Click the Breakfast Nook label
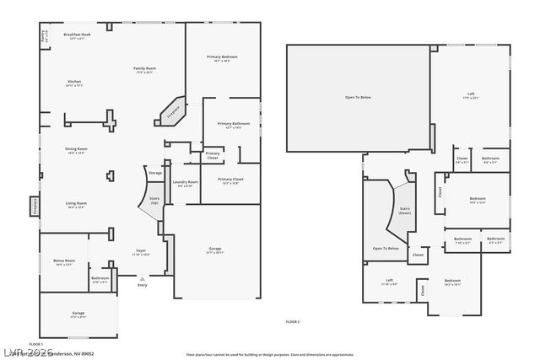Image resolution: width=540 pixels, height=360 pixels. (78, 35)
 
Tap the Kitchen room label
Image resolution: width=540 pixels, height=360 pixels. (75, 83)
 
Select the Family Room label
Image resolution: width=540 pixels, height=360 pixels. (145, 69)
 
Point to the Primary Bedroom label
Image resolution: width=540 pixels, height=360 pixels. (222, 58)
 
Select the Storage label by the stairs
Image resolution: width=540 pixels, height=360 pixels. (155, 173)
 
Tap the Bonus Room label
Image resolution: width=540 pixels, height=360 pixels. (65, 262)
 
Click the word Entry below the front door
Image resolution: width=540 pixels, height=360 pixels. (142, 286)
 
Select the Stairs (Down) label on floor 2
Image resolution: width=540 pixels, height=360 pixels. (404, 210)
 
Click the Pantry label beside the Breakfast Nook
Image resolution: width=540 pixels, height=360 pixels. (44, 35)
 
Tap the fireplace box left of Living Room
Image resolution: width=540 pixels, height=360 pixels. (35, 205)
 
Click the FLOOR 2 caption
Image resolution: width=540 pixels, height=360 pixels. (293, 322)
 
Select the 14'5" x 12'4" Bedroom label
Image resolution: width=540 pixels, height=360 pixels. (477, 201)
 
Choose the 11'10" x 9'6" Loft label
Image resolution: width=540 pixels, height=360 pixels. (390, 282)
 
